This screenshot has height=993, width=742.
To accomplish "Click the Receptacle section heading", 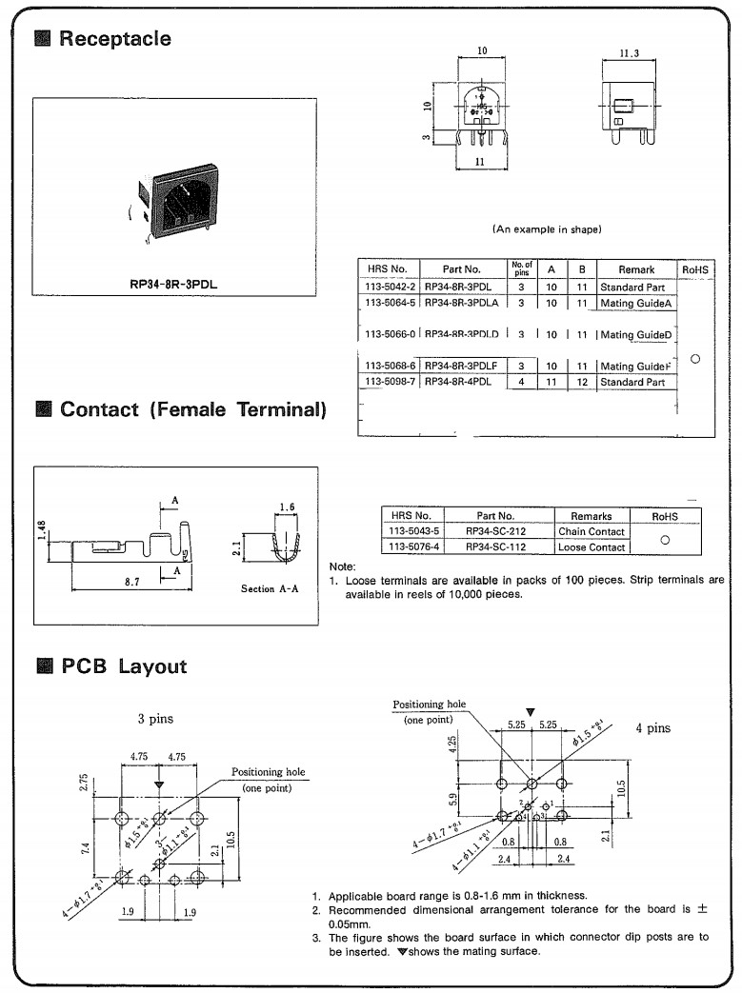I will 115,39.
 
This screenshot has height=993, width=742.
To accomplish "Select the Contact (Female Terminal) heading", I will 193,410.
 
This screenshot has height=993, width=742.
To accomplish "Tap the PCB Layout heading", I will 124,666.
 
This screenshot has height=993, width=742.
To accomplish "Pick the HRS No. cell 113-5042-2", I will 389,287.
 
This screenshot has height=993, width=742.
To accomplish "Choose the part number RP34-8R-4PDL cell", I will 460,382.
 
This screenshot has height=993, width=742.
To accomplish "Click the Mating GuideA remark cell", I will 636,303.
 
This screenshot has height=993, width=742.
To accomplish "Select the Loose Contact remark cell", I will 592,547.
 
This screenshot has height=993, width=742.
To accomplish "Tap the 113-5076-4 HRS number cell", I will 411,547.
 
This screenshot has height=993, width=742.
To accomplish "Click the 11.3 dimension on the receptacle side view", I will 629,54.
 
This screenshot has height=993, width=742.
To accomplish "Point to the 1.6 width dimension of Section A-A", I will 287,507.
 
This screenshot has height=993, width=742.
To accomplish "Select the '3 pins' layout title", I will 154,719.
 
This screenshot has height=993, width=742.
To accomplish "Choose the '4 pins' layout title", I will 652,728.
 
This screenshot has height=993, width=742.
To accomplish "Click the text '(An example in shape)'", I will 547,229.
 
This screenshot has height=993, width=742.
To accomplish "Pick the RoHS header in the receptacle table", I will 695,270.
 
